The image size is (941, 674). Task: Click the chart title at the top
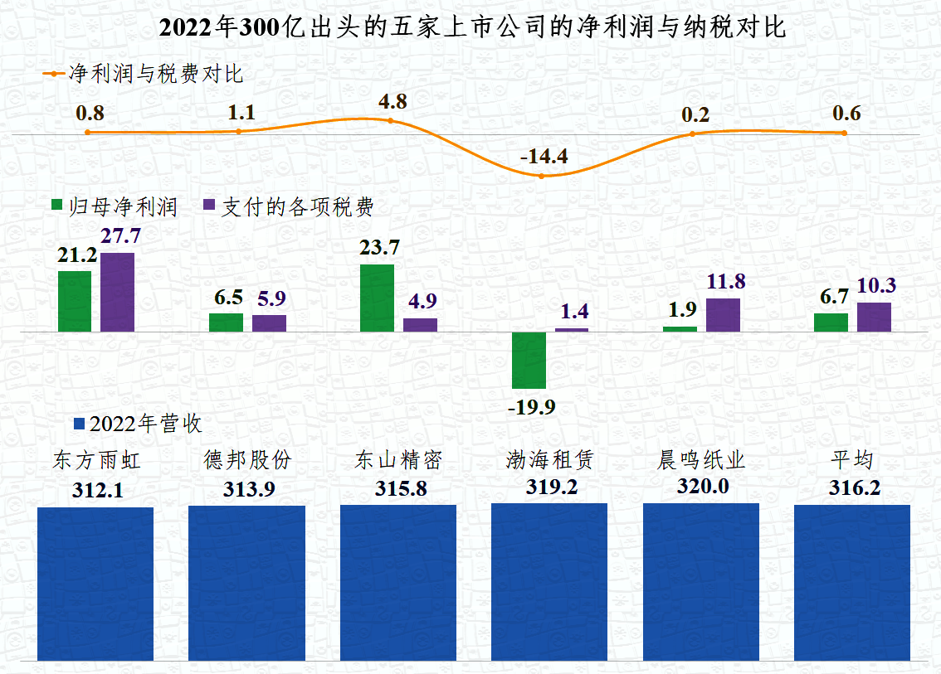point(470,28)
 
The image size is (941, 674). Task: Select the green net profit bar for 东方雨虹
point(75,301)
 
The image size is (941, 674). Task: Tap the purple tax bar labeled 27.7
point(117,292)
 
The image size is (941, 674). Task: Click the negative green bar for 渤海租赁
point(529,360)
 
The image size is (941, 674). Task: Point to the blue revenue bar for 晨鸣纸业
point(700,581)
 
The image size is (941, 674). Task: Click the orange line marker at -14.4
point(541,176)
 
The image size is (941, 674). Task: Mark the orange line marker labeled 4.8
point(391,121)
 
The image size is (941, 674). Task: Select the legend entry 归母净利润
point(115,206)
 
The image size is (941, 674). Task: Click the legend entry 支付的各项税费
point(288,206)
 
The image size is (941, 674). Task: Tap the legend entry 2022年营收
point(138,424)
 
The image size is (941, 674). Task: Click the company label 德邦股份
point(248,460)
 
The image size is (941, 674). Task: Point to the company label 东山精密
point(398,460)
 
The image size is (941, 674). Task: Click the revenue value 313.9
point(248,489)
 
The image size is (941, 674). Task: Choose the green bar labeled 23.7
point(377,298)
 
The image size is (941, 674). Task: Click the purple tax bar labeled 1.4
point(572,329)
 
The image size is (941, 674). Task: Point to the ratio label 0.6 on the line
point(846,114)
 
